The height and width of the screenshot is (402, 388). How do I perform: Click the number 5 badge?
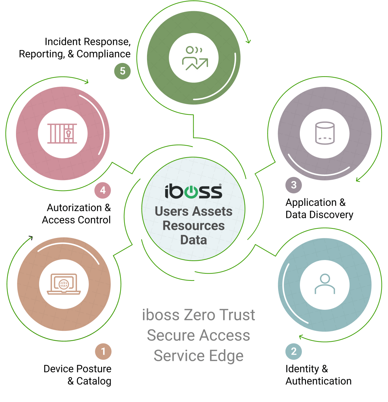click(x=122, y=71)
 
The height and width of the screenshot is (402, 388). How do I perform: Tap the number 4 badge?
click(x=102, y=190)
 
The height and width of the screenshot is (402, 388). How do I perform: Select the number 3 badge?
click(x=294, y=185)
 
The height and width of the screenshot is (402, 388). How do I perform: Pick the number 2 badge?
click(x=294, y=352)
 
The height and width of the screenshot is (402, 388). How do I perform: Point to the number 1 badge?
click(x=103, y=352)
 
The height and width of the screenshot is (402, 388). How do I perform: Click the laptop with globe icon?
click(x=64, y=284)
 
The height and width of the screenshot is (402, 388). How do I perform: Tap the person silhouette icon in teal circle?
click(x=325, y=284)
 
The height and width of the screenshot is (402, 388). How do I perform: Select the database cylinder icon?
click(x=325, y=133)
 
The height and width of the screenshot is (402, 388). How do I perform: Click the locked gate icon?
click(x=62, y=133)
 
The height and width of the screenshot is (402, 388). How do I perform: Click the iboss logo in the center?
click(x=193, y=191)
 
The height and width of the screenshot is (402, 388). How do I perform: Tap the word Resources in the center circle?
click(x=194, y=226)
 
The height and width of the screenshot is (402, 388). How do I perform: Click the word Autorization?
click(x=74, y=208)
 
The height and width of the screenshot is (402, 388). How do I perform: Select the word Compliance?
click(x=103, y=54)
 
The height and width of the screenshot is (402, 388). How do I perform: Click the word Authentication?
click(x=319, y=381)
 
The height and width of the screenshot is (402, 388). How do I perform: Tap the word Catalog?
click(x=94, y=381)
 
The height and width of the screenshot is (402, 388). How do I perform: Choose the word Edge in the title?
click(x=226, y=356)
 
